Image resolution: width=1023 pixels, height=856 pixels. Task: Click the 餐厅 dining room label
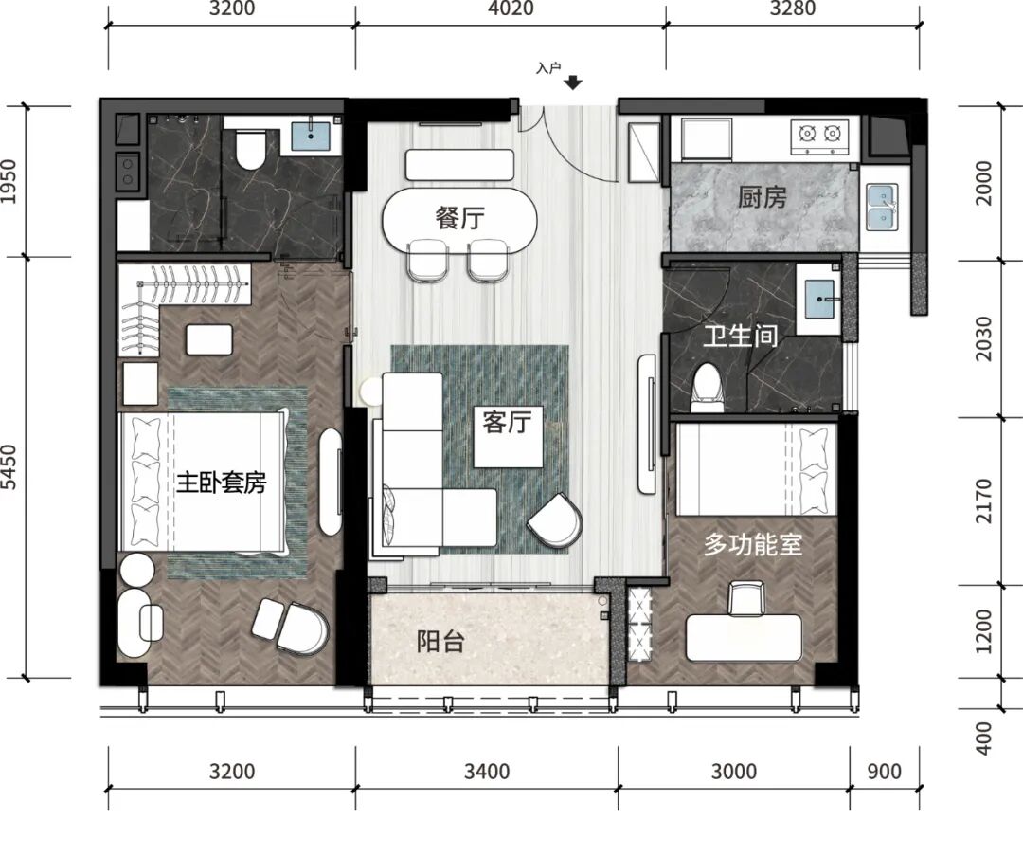(x=460, y=217)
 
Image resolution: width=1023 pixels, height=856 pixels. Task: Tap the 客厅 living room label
(x=506, y=423)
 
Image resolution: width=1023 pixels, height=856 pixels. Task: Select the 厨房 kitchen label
(x=762, y=196)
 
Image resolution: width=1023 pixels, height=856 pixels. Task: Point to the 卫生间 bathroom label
(x=740, y=337)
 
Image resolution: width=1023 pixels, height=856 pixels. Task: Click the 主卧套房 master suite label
(x=221, y=483)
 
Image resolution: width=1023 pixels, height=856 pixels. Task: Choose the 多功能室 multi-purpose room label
(x=753, y=544)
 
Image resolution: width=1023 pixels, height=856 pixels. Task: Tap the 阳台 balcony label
(x=440, y=642)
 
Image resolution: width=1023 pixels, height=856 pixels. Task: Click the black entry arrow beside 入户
(x=573, y=82)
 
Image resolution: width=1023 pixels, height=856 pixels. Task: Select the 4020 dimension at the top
(x=511, y=9)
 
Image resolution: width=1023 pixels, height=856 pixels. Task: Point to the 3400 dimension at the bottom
(x=487, y=771)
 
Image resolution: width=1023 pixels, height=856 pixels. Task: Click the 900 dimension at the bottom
(x=884, y=771)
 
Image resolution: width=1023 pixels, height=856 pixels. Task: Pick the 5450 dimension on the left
(x=9, y=466)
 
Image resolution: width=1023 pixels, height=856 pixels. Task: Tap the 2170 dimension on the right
(x=983, y=501)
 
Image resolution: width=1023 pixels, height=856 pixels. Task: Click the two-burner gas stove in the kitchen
(x=819, y=136)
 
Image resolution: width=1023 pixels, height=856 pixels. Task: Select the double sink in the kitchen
(x=882, y=207)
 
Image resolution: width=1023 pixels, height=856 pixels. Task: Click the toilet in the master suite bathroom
(x=250, y=149)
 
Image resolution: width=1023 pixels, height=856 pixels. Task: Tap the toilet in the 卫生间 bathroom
(x=707, y=389)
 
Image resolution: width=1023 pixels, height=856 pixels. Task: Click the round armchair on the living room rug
(x=555, y=520)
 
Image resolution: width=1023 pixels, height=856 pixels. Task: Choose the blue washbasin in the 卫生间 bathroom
(x=820, y=299)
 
